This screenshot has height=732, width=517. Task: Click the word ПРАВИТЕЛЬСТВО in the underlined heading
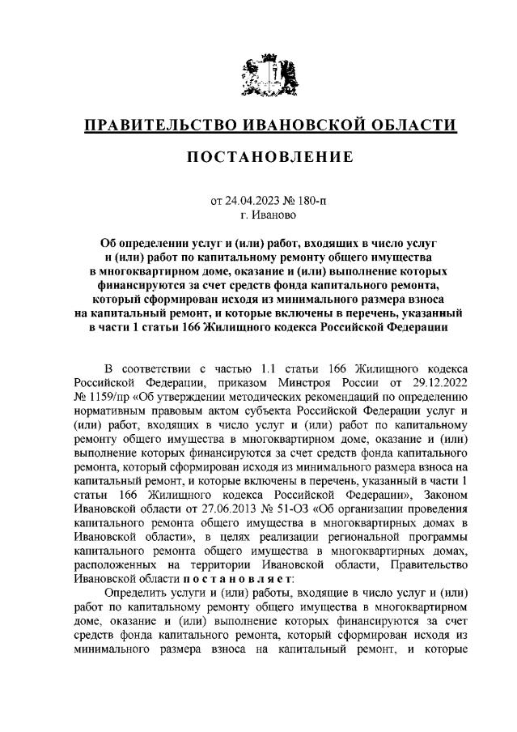pos(153,125)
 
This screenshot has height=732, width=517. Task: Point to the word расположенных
pos(117,564)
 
